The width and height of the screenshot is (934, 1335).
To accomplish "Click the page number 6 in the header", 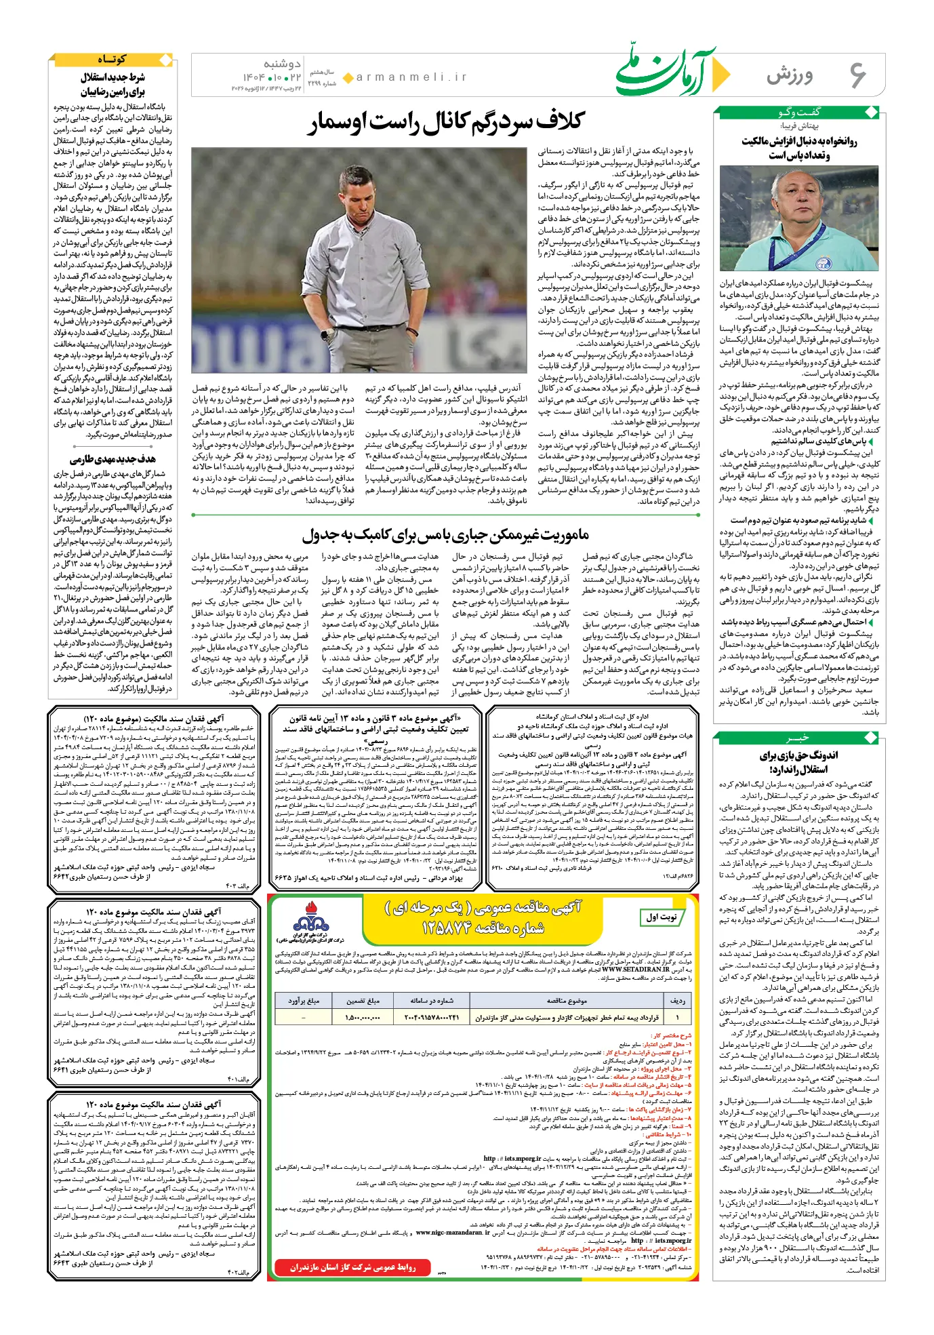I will pos(858,75).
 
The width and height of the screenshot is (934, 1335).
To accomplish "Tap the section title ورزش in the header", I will pos(790,76).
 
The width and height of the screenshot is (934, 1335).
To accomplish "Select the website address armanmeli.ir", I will pos(411,77).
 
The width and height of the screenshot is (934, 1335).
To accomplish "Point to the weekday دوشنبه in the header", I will pos(282,64).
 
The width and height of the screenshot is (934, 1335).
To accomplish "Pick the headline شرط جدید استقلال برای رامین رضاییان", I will pos(113,85).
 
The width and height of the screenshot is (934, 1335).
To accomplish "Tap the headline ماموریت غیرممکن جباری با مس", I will pos(446,535).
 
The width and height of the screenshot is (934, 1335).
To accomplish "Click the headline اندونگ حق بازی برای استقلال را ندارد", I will pos(798,762).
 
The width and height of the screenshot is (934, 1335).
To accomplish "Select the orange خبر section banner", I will pos(798,738).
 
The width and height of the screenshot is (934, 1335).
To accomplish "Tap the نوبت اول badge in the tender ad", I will pos(661,917).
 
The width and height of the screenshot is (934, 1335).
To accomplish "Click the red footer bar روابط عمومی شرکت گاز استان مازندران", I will pos(352,1267).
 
